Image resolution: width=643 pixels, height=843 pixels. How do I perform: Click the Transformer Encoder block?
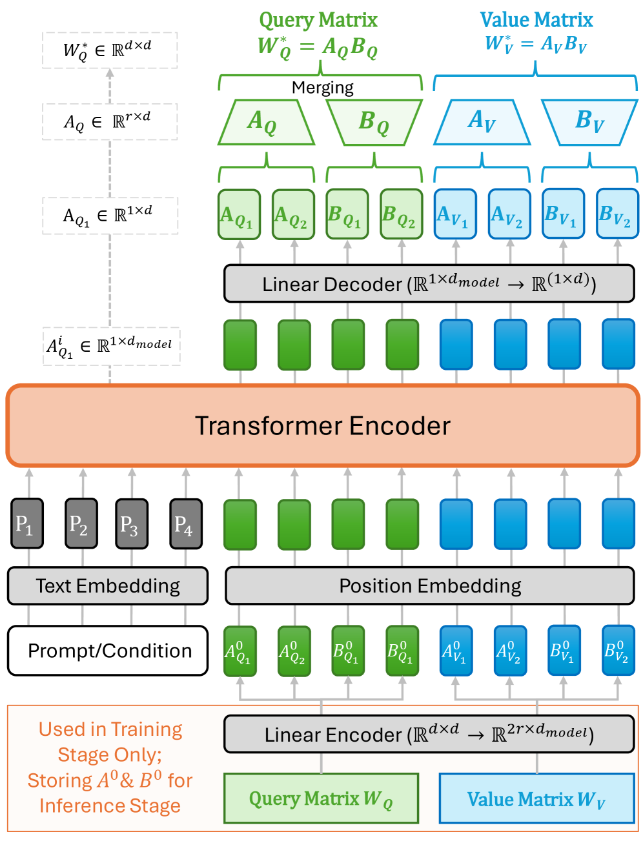[x=322, y=426]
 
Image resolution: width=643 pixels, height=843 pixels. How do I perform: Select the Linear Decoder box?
[x=429, y=283]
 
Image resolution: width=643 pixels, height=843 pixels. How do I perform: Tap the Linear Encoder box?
[x=429, y=734]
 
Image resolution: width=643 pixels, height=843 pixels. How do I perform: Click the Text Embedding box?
[x=108, y=586]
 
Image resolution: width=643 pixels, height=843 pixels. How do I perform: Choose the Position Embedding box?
[x=430, y=586]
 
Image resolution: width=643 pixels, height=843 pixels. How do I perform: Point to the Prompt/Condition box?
[x=108, y=651]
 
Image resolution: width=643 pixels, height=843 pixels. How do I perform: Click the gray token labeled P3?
[x=132, y=524]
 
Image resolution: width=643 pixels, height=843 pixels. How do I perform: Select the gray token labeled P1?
[x=27, y=524]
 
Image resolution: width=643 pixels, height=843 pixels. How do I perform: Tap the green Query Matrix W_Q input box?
[x=321, y=798]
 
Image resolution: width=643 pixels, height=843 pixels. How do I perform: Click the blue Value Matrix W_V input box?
[x=536, y=798]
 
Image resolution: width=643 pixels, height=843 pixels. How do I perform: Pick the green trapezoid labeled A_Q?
[x=265, y=122]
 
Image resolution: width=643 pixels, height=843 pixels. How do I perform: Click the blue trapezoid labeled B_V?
[x=589, y=122]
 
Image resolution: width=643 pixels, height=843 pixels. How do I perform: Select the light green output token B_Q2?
[x=401, y=214]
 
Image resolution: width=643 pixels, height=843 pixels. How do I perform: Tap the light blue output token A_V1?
[x=455, y=214]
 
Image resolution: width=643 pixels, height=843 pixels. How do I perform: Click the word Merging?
[x=322, y=88]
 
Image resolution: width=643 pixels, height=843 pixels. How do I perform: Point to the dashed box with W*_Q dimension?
[x=110, y=50]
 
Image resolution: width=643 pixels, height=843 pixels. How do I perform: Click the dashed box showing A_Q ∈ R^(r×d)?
[x=110, y=121]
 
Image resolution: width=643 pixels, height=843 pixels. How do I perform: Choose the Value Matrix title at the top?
[x=536, y=20]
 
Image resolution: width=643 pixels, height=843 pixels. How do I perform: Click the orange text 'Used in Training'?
[x=110, y=729]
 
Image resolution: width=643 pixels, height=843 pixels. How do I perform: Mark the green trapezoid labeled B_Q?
[x=374, y=122]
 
